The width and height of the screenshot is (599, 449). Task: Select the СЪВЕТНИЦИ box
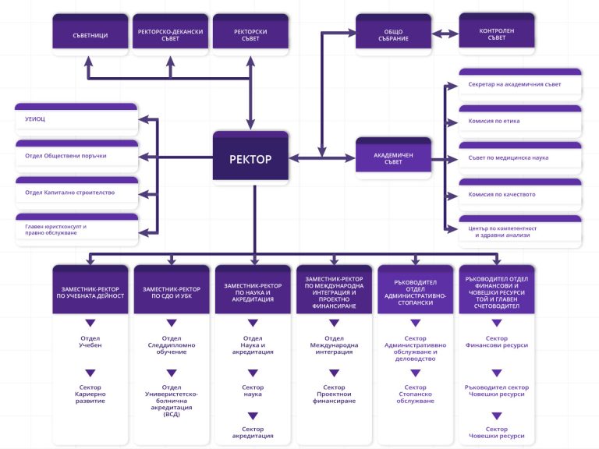90,34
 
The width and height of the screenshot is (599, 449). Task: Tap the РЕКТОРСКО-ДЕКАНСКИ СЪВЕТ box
171,34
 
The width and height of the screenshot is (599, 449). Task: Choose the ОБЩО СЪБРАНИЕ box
392,34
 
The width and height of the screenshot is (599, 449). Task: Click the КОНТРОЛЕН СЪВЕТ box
497,34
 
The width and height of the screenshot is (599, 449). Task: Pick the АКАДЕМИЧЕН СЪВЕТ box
392,157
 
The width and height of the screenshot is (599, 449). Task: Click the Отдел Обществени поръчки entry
66,156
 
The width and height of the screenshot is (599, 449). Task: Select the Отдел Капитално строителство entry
70,193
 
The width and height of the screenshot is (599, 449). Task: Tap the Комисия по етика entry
494,121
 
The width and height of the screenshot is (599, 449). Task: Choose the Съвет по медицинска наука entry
509,157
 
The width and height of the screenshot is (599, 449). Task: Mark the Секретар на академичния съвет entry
514,84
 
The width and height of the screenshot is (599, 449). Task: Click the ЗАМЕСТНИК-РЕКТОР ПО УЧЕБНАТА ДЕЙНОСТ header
90,292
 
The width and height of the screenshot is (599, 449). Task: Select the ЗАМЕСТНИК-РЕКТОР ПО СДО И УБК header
171,292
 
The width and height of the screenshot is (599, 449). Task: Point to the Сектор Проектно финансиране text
334,394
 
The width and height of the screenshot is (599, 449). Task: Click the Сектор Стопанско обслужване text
416,394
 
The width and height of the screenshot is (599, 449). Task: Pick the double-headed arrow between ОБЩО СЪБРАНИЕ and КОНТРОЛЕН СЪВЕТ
444,34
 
